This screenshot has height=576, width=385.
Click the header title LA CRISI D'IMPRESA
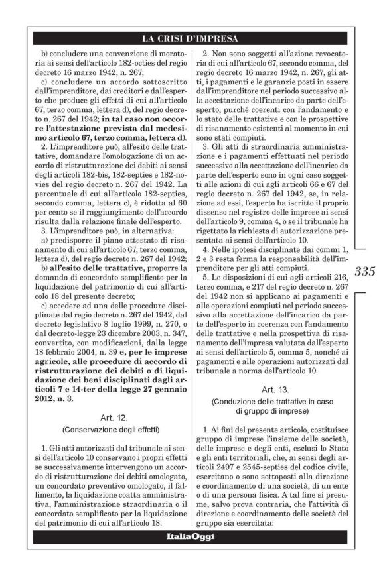[x=193, y=38]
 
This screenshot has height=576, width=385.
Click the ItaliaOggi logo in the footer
[x=193, y=536]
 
